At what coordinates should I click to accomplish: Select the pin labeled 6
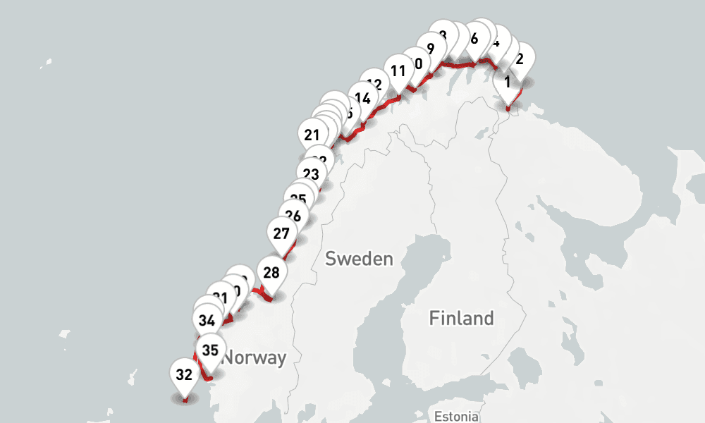pos(474,39)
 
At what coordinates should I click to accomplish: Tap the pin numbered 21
pos(312,134)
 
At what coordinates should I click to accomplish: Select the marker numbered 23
pos(311,173)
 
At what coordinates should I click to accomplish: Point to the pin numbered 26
pos(293,216)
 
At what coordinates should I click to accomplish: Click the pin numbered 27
pos(281,233)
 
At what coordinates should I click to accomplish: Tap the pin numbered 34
pos(207,321)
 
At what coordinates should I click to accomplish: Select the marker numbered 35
pos(210,350)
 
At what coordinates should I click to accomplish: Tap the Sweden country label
pos(359,259)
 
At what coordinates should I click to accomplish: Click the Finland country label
pos(461,318)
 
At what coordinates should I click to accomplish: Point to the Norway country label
pos(255,357)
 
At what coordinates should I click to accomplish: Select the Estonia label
pos(456,415)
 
